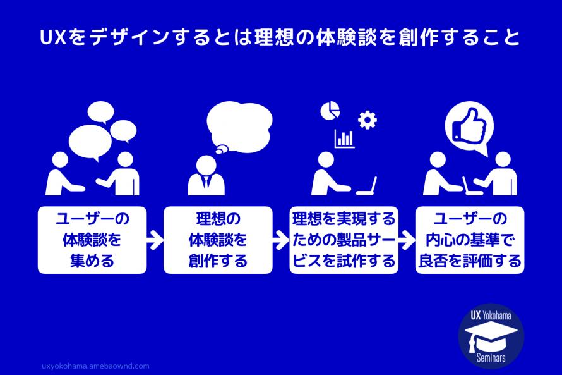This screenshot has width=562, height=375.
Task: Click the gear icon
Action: [x=367, y=119]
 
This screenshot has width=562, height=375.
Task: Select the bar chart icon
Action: [x=344, y=138]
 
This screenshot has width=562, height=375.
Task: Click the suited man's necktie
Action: [x=206, y=183]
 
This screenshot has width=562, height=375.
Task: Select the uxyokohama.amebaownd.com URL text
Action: [x=94, y=366]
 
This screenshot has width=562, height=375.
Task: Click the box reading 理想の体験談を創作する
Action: [x=218, y=240]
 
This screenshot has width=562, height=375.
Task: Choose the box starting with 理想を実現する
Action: [x=344, y=240]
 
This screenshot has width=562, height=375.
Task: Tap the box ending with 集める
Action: [x=92, y=240]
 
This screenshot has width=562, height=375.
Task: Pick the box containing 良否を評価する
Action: [x=470, y=240]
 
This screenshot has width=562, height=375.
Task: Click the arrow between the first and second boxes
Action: [x=155, y=240]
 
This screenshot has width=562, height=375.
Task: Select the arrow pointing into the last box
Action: [x=407, y=240]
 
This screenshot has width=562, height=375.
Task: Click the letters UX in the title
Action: [x=52, y=39]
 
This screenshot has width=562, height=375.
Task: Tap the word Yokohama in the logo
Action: [x=503, y=315]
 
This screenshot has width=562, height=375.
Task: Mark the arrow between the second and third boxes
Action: [x=281, y=240]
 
